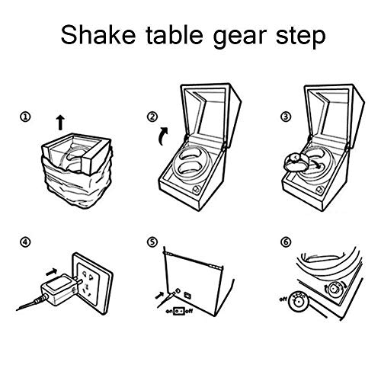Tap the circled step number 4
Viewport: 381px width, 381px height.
click(26, 245)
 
